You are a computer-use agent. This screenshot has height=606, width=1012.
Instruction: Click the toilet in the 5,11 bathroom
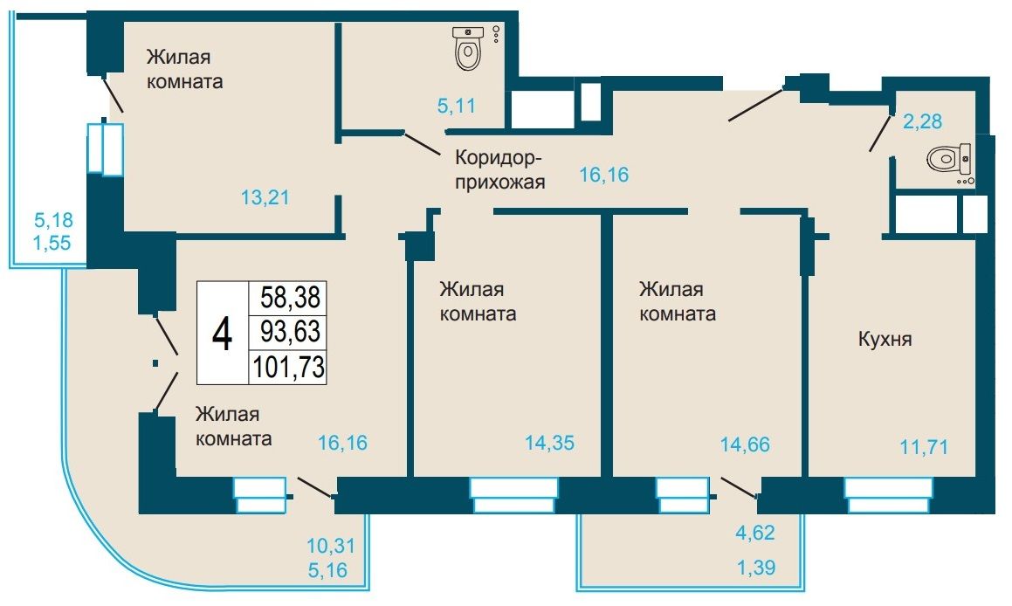[468, 48]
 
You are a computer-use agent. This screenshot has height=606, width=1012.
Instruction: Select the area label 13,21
[265, 197]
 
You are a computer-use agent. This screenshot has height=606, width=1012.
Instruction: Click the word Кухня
[885, 339]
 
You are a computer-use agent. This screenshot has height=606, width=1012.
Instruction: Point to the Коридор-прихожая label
[499, 169]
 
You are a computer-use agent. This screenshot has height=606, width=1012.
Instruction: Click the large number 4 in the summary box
[223, 334]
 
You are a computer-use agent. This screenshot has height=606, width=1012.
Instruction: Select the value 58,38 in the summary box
[291, 298]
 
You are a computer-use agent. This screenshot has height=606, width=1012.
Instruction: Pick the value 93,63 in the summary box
[291, 331]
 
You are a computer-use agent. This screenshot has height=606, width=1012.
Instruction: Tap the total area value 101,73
[289, 367]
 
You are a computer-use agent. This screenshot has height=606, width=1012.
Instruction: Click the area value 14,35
[549, 444]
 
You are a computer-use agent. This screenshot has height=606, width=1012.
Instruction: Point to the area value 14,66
[745, 444]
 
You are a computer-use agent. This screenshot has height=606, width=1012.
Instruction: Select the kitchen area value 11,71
[924, 446]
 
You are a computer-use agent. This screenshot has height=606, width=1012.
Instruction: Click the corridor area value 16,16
[604, 175]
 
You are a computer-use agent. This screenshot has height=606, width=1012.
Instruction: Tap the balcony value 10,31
[330, 546]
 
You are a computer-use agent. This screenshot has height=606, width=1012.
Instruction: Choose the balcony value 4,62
[755, 533]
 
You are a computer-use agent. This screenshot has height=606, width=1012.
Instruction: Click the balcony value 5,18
[53, 220]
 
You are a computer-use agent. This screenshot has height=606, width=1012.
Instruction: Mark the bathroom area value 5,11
[457, 105]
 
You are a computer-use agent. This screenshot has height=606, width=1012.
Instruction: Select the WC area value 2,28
[922, 121]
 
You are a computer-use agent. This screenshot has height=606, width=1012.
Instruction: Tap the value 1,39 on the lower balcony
[756, 568]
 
